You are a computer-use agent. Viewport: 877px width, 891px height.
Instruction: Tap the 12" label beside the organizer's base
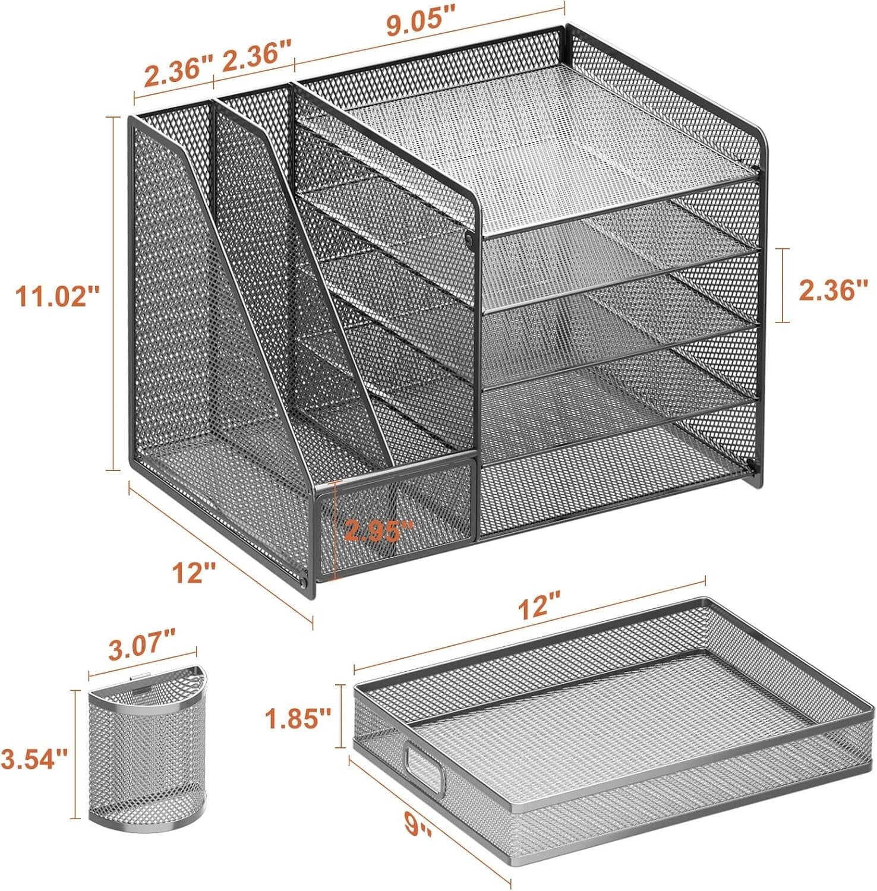pyautogui.click(x=194, y=573)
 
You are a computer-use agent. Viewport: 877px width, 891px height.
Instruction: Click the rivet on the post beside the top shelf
pyautogui.click(x=469, y=240)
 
